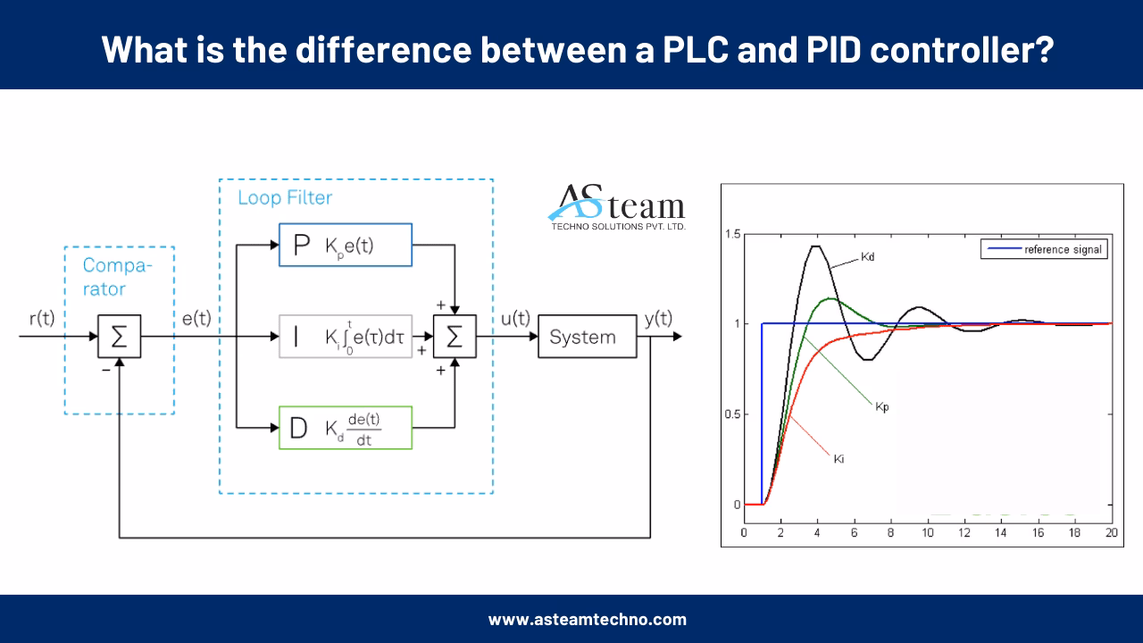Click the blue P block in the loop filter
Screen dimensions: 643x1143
(x=345, y=245)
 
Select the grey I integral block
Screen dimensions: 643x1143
(x=345, y=337)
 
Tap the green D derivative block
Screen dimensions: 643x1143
(x=345, y=428)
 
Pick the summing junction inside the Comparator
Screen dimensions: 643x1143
(x=119, y=338)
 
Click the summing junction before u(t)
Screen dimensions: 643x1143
(x=455, y=337)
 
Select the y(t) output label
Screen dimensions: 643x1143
(x=658, y=319)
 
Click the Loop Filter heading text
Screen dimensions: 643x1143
(x=284, y=198)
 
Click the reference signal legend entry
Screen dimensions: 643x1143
(x=1043, y=249)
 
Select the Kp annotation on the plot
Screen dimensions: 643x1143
(x=881, y=406)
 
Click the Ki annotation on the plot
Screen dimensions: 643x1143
(x=838, y=459)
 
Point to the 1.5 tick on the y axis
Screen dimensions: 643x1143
(x=733, y=234)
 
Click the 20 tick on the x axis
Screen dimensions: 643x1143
(x=1111, y=532)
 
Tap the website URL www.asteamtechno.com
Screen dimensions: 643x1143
(x=587, y=619)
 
